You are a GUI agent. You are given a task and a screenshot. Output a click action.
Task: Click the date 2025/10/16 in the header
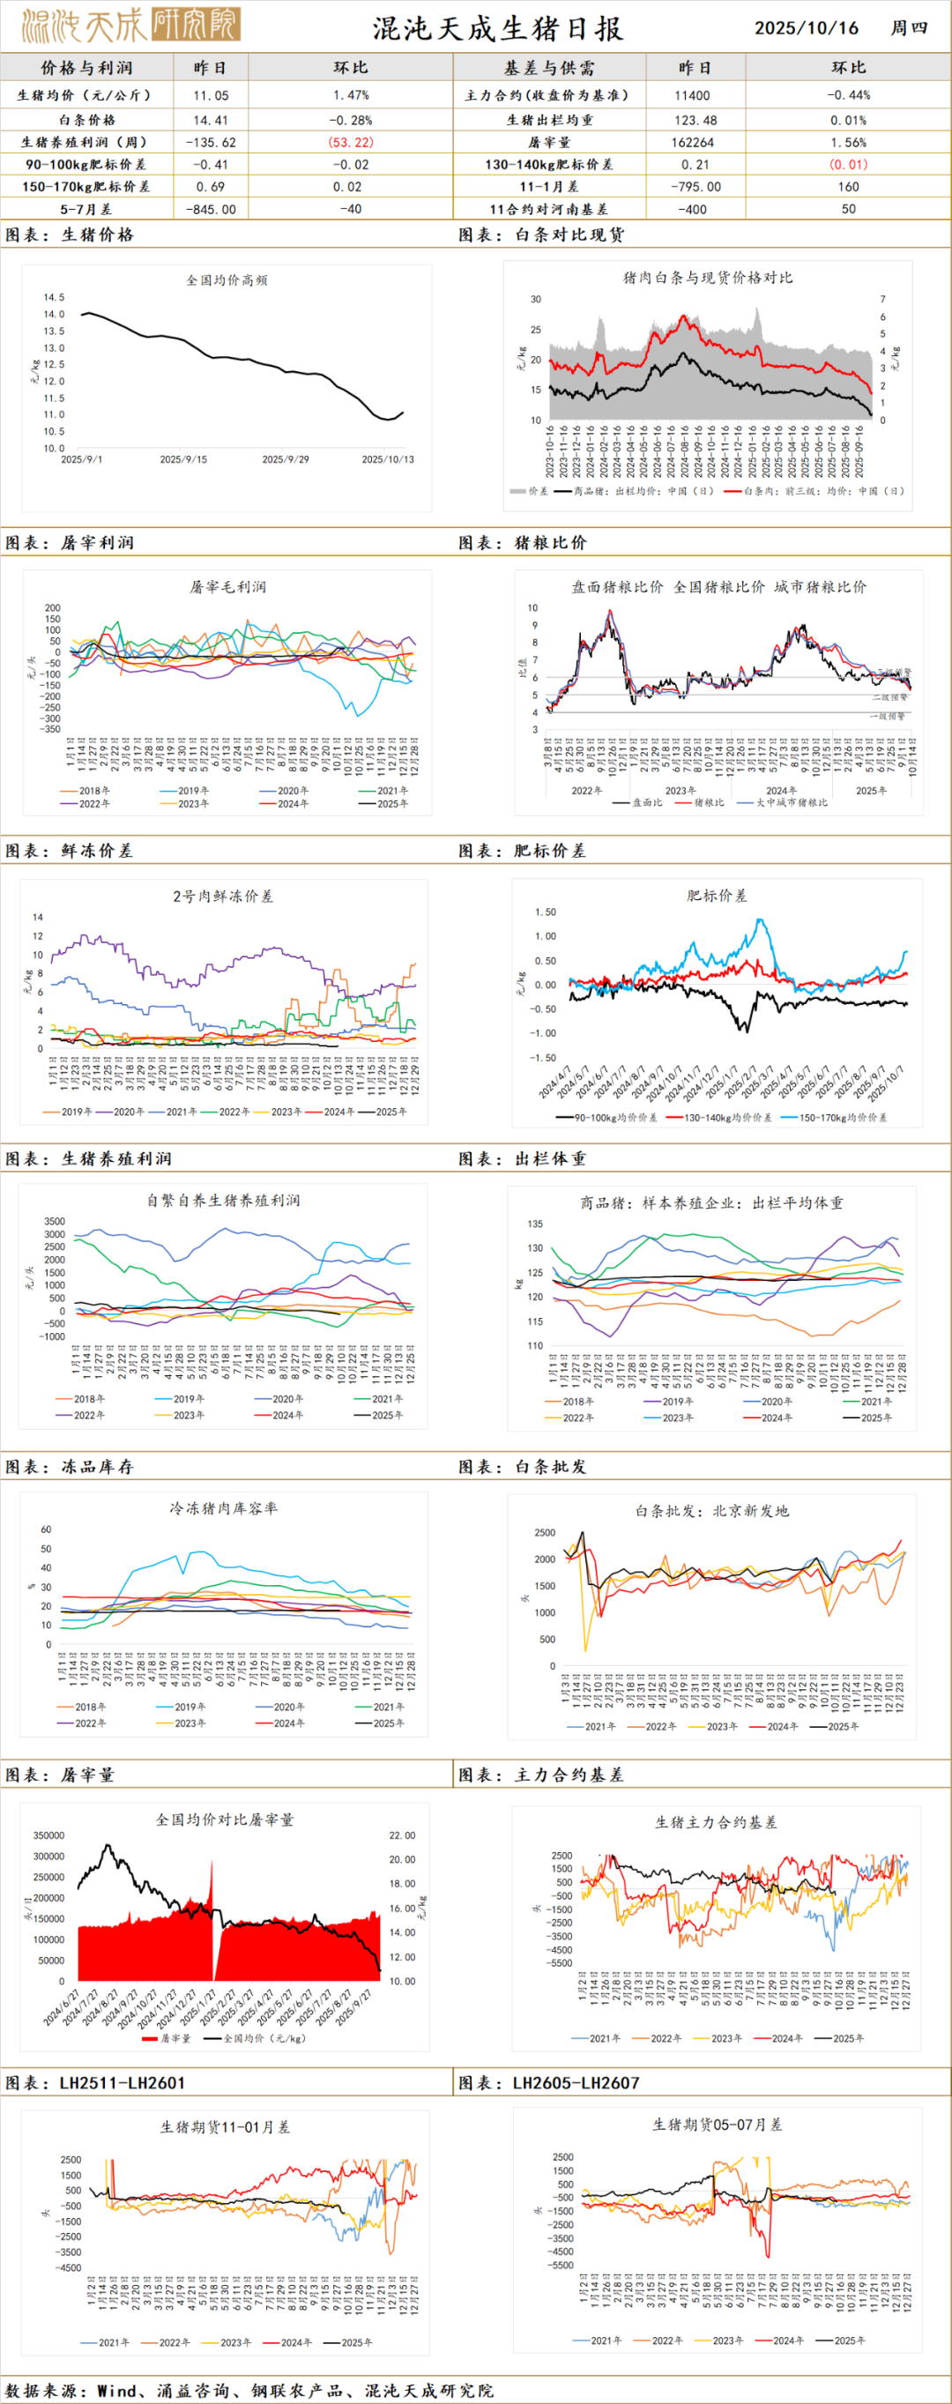[807, 28]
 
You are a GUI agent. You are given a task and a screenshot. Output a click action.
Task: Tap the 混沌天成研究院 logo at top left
[130, 26]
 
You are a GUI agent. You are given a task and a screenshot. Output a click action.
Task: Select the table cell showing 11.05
[211, 95]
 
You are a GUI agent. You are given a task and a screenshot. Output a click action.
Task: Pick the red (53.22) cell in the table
[350, 142]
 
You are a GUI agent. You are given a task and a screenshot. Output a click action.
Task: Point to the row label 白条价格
[86, 120]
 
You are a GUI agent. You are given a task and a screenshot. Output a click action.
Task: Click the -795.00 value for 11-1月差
[695, 187]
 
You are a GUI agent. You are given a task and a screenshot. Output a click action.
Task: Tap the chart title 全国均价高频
[227, 280]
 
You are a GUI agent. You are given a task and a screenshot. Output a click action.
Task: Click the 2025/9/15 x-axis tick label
[183, 459]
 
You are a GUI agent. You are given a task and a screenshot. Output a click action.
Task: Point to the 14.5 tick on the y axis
[53, 298]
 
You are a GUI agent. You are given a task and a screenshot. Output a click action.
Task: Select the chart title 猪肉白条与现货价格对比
[708, 277]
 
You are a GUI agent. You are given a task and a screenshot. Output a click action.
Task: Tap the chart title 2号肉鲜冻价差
[222, 896]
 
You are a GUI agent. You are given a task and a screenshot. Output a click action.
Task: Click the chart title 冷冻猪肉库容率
[223, 1508]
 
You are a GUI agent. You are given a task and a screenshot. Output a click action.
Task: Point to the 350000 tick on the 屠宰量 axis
[48, 1835]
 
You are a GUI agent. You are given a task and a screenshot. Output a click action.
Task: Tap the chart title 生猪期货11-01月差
[225, 2127]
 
